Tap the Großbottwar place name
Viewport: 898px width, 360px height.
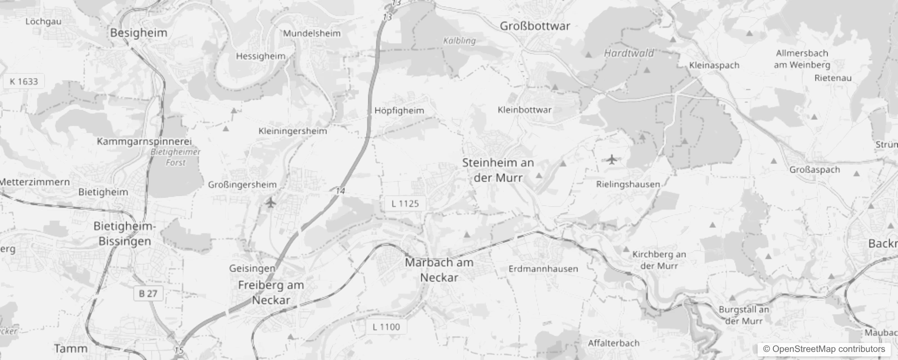535,26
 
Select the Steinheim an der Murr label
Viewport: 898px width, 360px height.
498,170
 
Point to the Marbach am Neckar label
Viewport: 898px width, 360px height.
439,270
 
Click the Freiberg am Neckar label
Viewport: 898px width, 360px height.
271,292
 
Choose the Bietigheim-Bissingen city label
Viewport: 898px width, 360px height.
125,234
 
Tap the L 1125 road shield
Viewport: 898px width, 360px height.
405,204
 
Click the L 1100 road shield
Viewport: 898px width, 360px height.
386,327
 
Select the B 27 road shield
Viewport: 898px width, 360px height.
148,294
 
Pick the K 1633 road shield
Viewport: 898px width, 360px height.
24,81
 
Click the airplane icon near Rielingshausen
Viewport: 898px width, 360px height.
611,159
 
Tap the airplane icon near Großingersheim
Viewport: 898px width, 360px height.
270,203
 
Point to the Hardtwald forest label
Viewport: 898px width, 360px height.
629,53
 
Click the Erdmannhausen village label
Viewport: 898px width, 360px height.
543,269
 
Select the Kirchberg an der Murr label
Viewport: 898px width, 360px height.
659,260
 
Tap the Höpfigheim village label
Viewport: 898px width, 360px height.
399,110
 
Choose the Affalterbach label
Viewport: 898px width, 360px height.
614,343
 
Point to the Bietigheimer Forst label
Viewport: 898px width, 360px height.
175,157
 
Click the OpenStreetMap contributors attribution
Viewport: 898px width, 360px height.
824,349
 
